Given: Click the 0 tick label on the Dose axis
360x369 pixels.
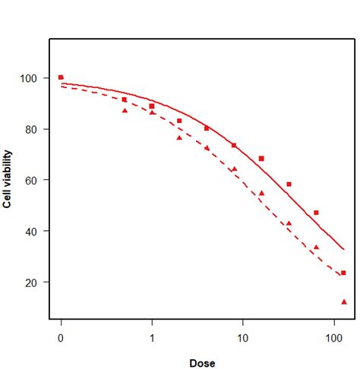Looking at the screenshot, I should click(x=61, y=335).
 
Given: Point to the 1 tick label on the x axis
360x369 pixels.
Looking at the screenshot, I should click(x=152, y=335).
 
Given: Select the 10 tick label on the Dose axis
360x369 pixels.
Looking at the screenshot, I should click(x=242, y=335).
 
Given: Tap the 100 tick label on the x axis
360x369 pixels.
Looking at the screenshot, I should click(x=333, y=335).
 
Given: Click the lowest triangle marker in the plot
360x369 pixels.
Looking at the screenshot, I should click(x=344, y=301).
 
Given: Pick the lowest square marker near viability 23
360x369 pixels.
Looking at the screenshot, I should click(x=343, y=273).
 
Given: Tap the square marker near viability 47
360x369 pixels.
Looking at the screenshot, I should click(x=316, y=213).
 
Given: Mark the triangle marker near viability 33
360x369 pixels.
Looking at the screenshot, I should click(x=316, y=247).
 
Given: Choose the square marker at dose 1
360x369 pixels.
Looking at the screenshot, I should click(x=152, y=106).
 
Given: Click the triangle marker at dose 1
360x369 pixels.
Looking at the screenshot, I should click(x=152, y=112).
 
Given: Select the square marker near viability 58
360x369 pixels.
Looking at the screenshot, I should click(x=289, y=184).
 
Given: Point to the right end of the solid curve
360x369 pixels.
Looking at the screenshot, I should click(x=344, y=249).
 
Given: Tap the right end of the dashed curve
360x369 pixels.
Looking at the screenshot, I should click(x=344, y=277).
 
